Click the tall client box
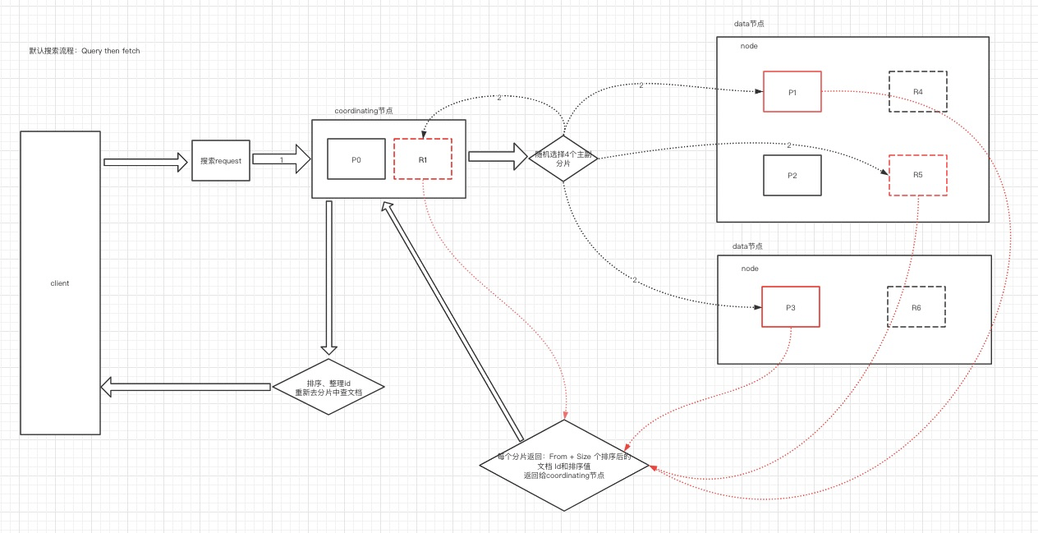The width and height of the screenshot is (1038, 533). click(60, 283)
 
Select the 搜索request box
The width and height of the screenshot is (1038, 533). click(220, 160)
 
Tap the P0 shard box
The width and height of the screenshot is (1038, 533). click(356, 159)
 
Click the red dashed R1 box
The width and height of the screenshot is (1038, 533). click(422, 159)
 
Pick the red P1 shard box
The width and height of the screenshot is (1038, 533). click(792, 91)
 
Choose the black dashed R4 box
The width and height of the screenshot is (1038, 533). click(917, 90)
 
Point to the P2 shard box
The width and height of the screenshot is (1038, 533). click(792, 175)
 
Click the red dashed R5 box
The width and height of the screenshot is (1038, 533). click(917, 174)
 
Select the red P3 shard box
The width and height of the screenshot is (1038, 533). click(790, 306)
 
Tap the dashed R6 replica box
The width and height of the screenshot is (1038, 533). click(916, 306)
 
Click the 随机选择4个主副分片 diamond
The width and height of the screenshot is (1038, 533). click(563, 159)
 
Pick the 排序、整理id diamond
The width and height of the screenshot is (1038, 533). click(328, 387)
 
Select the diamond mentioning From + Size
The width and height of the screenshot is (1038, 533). click(564, 465)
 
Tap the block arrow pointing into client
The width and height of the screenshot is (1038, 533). click(186, 386)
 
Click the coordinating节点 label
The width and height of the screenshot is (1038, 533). click(363, 111)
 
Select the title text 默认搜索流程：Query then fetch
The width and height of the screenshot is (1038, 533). click(84, 51)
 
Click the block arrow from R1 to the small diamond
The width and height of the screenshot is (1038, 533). click(497, 155)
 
